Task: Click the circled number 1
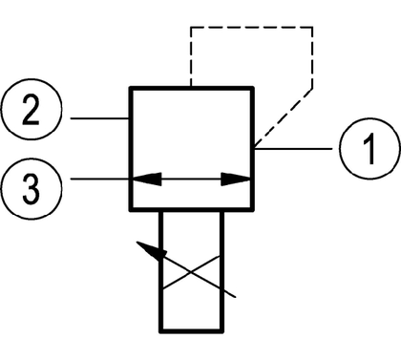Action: point(369,149)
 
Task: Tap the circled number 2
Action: point(31,109)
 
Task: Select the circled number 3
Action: point(31,188)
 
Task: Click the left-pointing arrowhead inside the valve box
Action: point(147,180)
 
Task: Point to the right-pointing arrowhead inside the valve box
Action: point(236,180)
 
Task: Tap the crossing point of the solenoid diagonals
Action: point(191,272)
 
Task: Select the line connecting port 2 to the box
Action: point(99,118)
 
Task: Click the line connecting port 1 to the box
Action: point(293,149)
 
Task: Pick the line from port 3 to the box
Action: point(99,180)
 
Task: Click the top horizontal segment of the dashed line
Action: point(251,28)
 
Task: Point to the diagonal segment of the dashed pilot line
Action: point(284,118)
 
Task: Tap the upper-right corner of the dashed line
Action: point(312,28)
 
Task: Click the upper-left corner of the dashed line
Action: point(191,28)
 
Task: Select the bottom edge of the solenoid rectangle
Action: point(191,331)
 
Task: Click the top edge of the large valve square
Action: point(191,88)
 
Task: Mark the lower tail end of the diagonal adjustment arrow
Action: point(236,297)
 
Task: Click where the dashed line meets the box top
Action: point(191,86)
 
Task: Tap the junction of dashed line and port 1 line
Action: point(254,148)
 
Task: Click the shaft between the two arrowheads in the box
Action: point(191,180)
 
